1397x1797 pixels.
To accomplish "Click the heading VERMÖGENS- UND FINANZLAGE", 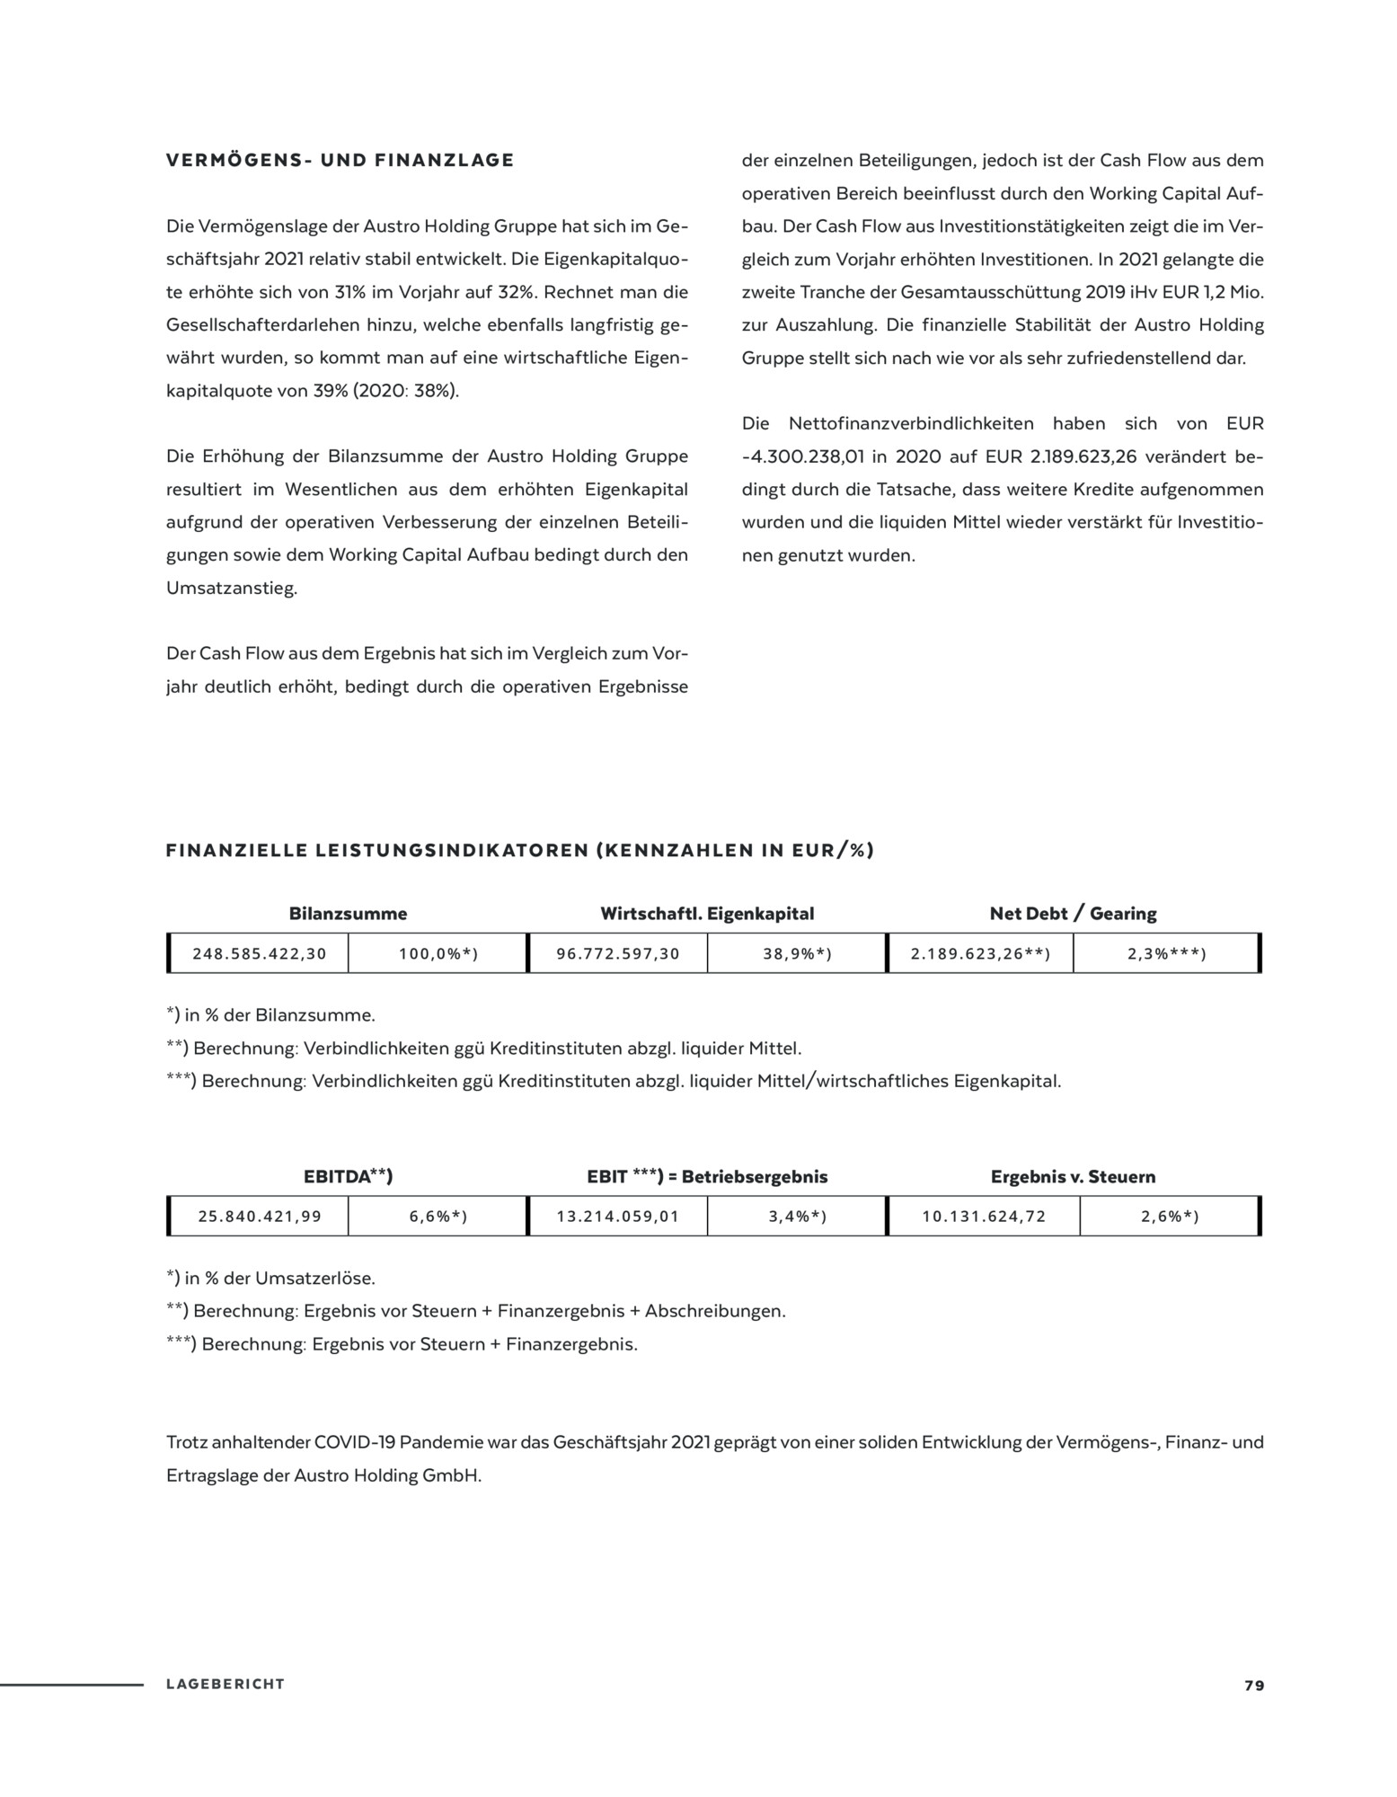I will [x=340, y=161].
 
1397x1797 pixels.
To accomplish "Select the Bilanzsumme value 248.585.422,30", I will [x=260, y=953].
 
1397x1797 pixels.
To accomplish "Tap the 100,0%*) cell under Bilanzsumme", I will [x=438, y=953].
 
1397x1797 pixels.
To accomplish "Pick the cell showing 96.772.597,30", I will [x=618, y=953].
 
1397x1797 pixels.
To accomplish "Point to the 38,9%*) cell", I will [x=797, y=953].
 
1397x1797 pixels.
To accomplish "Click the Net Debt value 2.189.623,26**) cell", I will [x=980, y=953].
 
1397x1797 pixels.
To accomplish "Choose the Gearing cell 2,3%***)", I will [x=1166, y=953].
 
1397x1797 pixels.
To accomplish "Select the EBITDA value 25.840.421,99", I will [x=260, y=1217].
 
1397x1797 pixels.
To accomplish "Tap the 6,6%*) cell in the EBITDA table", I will [x=438, y=1217].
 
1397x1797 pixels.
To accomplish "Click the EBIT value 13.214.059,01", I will [x=618, y=1217].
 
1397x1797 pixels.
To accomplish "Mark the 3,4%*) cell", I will [x=797, y=1217].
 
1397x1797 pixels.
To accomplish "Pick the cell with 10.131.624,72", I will [x=984, y=1217].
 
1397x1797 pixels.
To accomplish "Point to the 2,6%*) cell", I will [x=1170, y=1217].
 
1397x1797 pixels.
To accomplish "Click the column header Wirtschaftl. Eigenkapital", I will [x=707, y=914].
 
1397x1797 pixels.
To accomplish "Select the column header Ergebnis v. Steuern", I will [x=1073, y=1177].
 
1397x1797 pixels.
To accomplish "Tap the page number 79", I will [x=1254, y=1686].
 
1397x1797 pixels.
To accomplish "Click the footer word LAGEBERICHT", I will [x=225, y=1685].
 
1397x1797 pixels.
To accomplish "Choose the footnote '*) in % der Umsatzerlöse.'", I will [x=270, y=1278].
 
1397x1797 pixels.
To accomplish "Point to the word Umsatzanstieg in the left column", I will [x=231, y=589].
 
